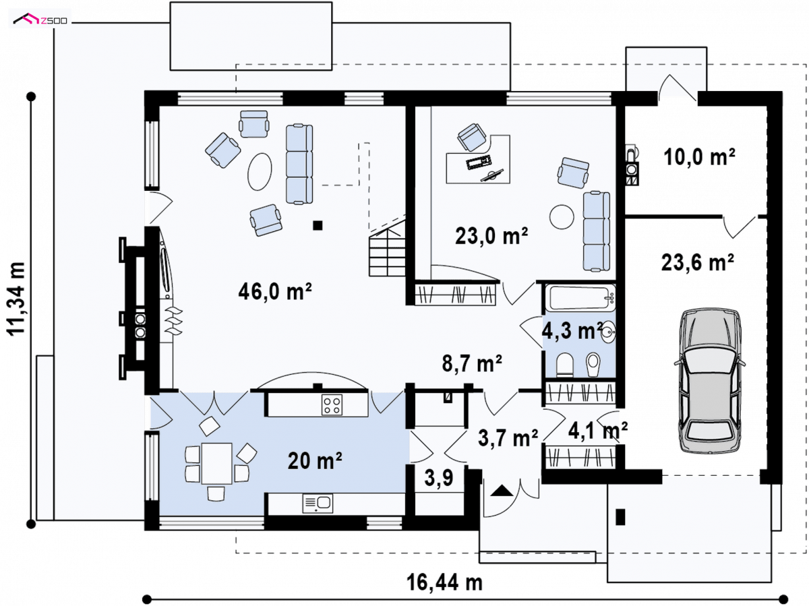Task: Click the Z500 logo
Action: tap(40, 18)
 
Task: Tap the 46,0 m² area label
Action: tap(275, 291)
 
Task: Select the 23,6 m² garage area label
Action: tap(697, 263)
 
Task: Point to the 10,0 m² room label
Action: tap(699, 156)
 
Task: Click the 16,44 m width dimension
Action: tap(444, 582)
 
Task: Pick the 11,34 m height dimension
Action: tap(17, 299)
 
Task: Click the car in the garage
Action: tap(709, 380)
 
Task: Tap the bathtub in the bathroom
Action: tap(580, 298)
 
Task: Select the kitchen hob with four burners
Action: tap(332, 405)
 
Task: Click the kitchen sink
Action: tap(318, 504)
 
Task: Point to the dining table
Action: tap(216, 464)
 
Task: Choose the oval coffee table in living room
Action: tap(260, 172)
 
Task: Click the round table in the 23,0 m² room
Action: tap(562, 216)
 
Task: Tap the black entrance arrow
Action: tap(502, 490)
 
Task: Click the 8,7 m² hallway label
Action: tap(472, 363)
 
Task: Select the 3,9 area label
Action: tap(439, 478)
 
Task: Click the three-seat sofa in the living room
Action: tap(299, 164)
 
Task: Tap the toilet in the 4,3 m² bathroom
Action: tap(565, 365)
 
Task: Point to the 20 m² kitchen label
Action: tap(315, 460)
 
